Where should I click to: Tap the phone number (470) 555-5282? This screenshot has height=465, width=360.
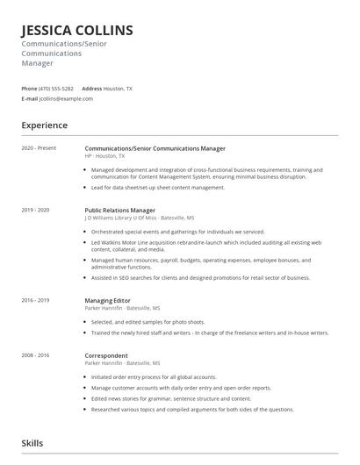click(x=57, y=89)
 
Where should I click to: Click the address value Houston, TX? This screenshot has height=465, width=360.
click(x=119, y=89)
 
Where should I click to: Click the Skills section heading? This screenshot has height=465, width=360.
click(x=32, y=443)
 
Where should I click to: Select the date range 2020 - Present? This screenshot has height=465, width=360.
click(x=38, y=148)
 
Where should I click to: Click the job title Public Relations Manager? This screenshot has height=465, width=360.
click(x=119, y=211)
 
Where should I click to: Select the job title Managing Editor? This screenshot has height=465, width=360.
click(x=108, y=300)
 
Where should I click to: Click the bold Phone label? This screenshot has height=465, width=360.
click(x=29, y=89)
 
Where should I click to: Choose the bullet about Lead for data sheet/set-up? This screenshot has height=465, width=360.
click(x=158, y=187)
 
